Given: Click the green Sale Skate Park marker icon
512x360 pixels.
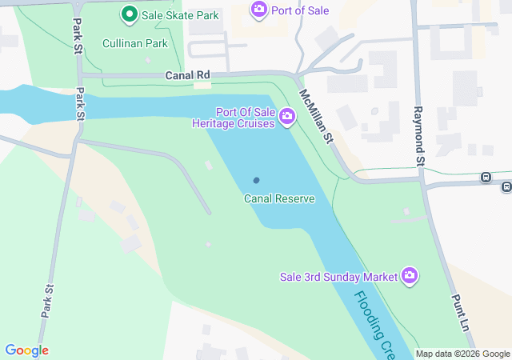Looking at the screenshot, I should pos(128,14).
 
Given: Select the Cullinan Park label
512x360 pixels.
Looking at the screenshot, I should pos(135,43).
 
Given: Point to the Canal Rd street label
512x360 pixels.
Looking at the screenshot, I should pos(186,75).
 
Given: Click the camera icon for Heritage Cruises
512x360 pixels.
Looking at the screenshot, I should pos(287,118).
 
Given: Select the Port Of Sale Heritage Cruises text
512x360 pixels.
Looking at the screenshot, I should pos(234,118).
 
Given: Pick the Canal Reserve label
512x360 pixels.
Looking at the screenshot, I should pos(279,198).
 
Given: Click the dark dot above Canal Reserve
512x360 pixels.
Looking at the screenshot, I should pos(257,181).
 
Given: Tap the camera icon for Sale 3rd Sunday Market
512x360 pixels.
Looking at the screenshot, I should pos(410,276).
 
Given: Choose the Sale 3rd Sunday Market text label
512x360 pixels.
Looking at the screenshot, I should pos(338,277).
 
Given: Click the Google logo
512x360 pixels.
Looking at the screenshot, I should pos(26,350).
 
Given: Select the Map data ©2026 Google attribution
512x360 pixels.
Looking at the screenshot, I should pos(462,354).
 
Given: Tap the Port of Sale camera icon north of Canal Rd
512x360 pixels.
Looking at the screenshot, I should pos(258,10).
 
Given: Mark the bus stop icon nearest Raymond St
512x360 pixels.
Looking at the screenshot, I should pos(485,177).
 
